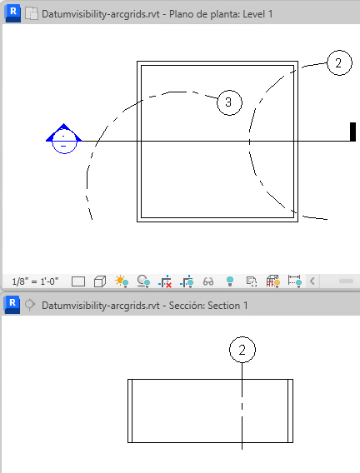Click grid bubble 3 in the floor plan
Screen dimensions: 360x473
point(229,102)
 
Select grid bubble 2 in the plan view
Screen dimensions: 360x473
point(339,62)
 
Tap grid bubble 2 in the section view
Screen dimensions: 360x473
point(242,350)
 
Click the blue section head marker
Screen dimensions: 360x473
point(63,138)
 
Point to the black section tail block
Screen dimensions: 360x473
point(352,132)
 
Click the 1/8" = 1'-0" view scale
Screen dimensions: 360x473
point(35,281)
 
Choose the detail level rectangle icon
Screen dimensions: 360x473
point(78,281)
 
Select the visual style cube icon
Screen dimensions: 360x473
point(100,281)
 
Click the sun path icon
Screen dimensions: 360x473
point(122,281)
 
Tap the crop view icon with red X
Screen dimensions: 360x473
point(165,281)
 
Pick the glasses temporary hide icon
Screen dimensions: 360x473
point(208,281)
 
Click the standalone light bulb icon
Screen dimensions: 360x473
point(230,281)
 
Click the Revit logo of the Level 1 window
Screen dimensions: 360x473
point(12,14)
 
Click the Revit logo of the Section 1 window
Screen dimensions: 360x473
point(12,305)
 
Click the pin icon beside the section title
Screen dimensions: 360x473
point(30,305)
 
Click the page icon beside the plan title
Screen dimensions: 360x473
point(32,14)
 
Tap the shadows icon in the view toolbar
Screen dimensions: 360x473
point(143,281)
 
